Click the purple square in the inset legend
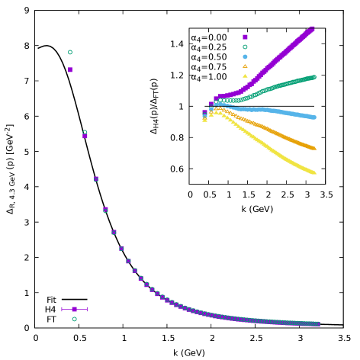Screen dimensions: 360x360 (245, 37)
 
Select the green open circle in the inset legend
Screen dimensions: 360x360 (245, 47)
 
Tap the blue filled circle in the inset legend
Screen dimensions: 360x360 (245, 56)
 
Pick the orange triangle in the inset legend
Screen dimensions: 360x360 (245, 66)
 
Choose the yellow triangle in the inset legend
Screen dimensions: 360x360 (245, 76)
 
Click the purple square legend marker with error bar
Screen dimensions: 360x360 (74, 309)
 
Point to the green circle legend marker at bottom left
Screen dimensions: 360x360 (74, 319)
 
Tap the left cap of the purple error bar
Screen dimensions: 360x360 (62, 309)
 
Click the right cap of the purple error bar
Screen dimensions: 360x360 (87, 309)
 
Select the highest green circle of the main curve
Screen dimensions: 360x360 (70, 52)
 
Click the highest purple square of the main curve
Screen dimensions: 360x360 (70, 69)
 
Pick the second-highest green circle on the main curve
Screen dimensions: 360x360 (85, 132)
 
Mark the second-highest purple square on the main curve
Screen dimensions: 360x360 (85, 136)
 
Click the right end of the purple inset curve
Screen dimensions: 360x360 (313, 29)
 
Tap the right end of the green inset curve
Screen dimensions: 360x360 (313, 77)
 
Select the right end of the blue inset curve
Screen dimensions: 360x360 (313, 117)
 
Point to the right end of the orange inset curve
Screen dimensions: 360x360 (313, 148)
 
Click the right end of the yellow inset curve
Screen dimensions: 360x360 (313, 172)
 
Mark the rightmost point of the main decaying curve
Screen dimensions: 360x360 (317, 324)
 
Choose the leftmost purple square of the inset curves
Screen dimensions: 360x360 (204, 113)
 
